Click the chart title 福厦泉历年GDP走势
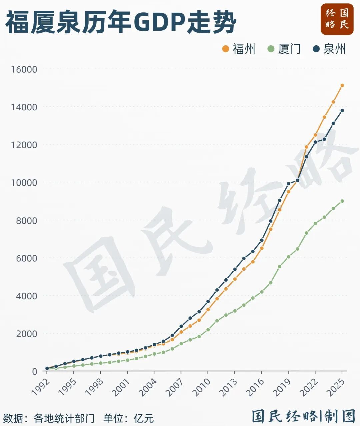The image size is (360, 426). pyautogui.click(x=121, y=22)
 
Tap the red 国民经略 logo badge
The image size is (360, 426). pyautogui.click(x=337, y=19)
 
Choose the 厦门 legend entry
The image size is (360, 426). pyautogui.click(x=284, y=49)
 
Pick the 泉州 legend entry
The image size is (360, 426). pyautogui.click(x=330, y=49)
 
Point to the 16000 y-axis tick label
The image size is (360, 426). pyautogui.click(x=24, y=69)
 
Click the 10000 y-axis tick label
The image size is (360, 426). pyautogui.click(x=24, y=182)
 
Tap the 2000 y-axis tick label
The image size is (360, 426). pyautogui.click(x=26, y=334)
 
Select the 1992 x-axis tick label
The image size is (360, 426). pyautogui.click(x=41, y=387)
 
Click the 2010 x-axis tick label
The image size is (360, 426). pyautogui.click(x=202, y=387)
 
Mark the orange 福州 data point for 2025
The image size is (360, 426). pyautogui.click(x=342, y=86)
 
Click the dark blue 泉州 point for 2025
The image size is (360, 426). pyautogui.click(x=342, y=111)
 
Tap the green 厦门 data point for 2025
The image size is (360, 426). pyautogui.click(x=342, y=201)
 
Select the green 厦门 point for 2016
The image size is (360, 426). pyautogui.click(x=262, y=292)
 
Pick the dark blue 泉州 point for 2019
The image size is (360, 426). pyautogui.click(x=289, y=184)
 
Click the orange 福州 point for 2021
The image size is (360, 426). pyautogui.click(x=306, y=147)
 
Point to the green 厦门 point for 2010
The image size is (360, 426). pyautogui.click(x=208, y=330)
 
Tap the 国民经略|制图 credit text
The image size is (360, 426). pyautogui.click(x=303, y=416)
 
